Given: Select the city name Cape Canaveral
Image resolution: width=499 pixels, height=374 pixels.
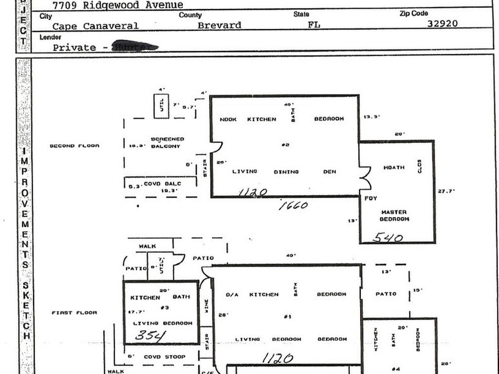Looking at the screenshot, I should [x=96, y=26].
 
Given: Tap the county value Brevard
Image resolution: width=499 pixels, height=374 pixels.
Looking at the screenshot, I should [x=219, y=25].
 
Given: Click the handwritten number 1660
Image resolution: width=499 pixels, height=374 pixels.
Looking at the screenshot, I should [x=293, y=206].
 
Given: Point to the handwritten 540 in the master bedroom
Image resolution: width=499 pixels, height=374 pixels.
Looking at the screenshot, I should [x=388, y=238].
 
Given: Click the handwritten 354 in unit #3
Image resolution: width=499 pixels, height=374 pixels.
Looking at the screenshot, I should [x=150, y=336].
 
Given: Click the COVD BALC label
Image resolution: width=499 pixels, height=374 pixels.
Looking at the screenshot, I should [x=162, y=184].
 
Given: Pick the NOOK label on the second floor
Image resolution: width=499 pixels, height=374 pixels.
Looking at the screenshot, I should [x=228, y=119].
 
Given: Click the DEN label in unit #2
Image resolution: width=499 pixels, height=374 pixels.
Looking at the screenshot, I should [x=329, y=171].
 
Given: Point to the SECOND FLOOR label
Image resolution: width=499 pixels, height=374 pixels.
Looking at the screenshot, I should [x=74, y=146].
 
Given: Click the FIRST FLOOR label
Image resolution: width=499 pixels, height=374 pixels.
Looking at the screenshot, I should [x=74, y=313].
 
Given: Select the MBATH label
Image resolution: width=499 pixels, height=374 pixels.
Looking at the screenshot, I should [x=394, y=168].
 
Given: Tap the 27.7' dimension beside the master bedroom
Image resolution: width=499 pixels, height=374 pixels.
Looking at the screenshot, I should [x=446, y=191].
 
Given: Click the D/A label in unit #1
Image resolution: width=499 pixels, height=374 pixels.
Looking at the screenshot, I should [x=232, y=295].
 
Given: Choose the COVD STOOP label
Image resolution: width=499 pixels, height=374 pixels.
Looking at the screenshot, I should [x=164, y=357].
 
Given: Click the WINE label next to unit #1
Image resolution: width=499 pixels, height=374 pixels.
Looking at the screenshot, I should [x=206, y=305].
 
